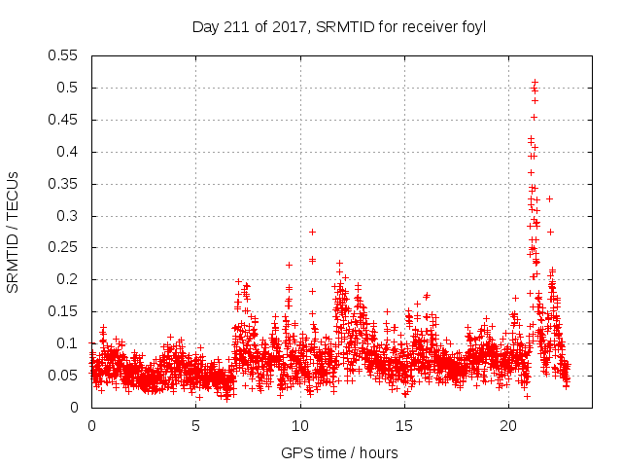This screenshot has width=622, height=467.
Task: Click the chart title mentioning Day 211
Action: (x=339, y=26)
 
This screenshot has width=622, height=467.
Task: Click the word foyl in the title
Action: (x=474, y=26)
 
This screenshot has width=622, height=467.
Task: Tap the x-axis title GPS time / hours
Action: (x=339, y=452)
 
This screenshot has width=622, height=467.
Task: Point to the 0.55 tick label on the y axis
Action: (x=66, y=55)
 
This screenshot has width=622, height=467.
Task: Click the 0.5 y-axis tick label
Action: (x=70, y=88)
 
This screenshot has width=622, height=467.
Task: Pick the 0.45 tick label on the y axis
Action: (x=66, y=120)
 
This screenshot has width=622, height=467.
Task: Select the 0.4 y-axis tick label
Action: (x=70, y=152)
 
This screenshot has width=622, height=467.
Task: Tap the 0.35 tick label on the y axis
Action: (x=66, y=184)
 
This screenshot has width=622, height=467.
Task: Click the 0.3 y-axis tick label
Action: (x=70, y=216)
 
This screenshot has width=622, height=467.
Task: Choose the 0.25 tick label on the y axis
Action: (x=66, y=248)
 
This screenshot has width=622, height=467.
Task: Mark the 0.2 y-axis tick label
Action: (x=70, y=279)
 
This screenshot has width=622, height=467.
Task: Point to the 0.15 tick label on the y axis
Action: (x=66, y=311)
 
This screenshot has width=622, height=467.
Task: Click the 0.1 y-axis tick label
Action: (x=70, y=343)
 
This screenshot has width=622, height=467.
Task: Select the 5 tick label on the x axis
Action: (x=195, y=425)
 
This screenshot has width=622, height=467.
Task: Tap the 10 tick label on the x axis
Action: (x=300, y=425)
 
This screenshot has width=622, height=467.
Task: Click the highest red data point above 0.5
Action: (x=535, y=82)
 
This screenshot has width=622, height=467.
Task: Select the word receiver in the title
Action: (x=432, y=26)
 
